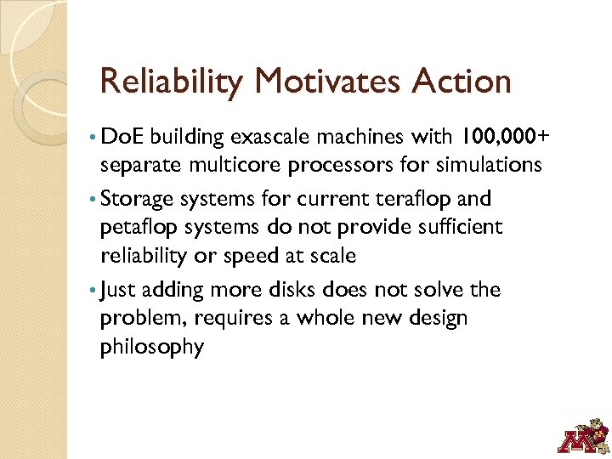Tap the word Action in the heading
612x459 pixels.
(x=463, y=82)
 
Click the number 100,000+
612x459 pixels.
(x=504, y=137)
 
